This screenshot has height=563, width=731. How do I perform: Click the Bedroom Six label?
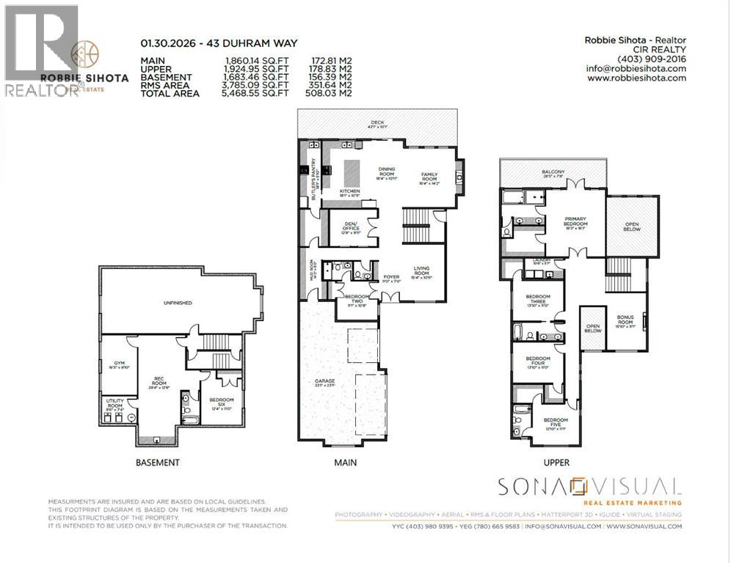tap(221, 402)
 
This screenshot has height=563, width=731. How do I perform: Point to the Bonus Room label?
tap(625, 320)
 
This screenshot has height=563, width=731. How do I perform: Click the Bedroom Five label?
tap(556, 422)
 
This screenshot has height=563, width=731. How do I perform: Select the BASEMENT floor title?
tap(157, 463)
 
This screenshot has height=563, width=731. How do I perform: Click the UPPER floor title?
tap(556, 463)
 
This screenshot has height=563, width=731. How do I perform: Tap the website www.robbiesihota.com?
tap(636, 78)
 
